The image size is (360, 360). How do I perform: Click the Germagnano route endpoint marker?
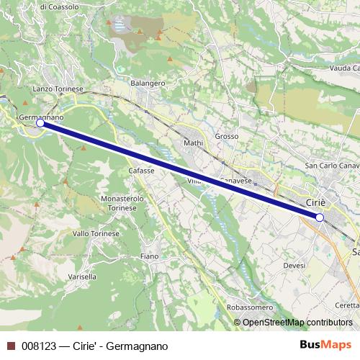40,123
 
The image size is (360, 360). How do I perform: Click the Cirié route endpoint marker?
320,217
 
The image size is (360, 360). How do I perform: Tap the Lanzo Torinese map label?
58,89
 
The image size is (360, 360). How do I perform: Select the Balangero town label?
148,83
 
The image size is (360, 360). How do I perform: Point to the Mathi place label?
194,143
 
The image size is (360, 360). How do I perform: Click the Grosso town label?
226,135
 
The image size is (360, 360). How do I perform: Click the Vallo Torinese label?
91,233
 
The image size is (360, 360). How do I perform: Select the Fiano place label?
150,256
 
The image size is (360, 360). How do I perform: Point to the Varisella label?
81,276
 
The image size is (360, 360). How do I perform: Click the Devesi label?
294,266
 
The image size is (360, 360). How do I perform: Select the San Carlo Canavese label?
333,166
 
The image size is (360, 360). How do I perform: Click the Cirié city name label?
317,202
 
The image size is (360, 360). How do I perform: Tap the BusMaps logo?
330,346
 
